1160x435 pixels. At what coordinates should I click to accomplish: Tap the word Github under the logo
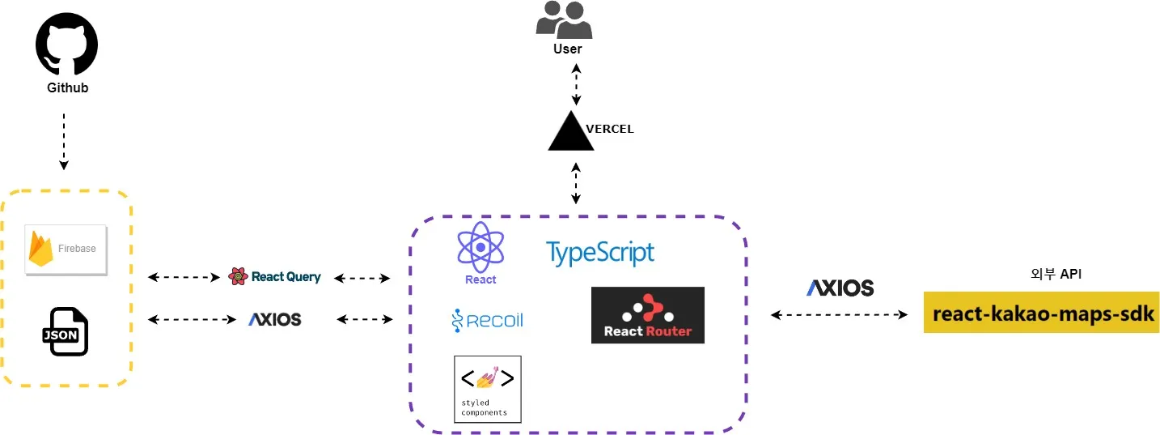coord(67,87)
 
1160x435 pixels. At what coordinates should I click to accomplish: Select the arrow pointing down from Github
coord(63,141)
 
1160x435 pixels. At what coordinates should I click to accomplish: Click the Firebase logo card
coord(66,249)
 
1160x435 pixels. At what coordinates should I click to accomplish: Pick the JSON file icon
coord(65,331)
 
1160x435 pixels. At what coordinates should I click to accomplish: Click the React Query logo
coord(275,277)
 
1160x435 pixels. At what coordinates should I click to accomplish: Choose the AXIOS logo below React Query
coord(274,320)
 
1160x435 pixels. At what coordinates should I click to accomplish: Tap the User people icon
coord(564,19)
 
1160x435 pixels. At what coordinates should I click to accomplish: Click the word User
coord(567,49)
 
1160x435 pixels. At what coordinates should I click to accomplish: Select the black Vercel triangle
coord(571,133)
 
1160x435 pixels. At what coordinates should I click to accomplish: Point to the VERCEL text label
coord(610,129)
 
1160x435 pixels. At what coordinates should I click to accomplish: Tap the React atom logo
coord(481,251)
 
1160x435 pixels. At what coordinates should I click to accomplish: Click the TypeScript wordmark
coord(599,253)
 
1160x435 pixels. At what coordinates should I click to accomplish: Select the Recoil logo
coord(487,321)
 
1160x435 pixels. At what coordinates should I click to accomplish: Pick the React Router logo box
coord(647,315)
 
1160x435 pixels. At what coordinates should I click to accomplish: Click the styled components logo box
coord(487,389)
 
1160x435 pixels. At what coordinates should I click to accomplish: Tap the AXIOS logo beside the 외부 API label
coord(840,288)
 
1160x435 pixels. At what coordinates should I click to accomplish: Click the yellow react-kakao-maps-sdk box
coord(1041,313)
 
